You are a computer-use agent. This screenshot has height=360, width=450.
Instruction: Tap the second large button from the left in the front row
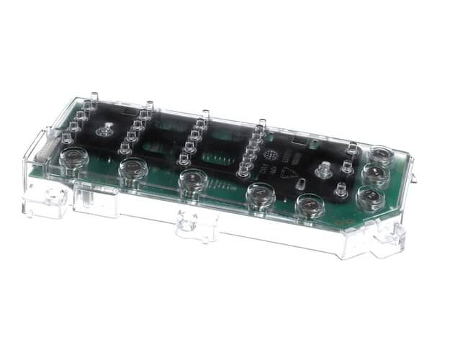[133, 169]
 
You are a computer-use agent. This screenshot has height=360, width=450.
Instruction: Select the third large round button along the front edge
[193, 181]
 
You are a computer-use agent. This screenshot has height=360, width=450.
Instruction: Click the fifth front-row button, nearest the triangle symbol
[310, 205]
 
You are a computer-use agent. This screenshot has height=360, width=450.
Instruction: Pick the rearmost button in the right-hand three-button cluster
[379, 156]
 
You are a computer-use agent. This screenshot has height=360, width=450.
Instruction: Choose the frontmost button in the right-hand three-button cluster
[370, 197]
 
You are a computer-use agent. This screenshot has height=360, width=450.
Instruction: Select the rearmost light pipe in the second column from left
[150, 106]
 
